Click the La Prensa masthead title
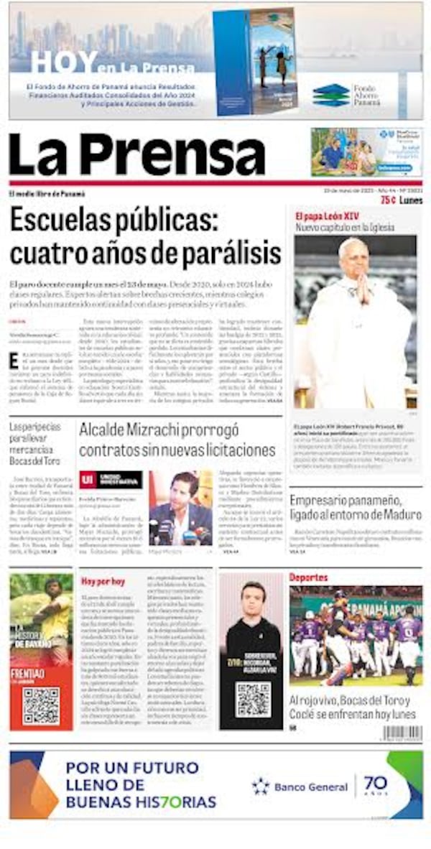tap(136, 154)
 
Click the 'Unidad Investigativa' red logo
tap(110, 480)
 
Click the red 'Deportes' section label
tap(308, 577)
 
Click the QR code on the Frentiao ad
tap(41, 705)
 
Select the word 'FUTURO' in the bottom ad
tap(165, 766)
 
